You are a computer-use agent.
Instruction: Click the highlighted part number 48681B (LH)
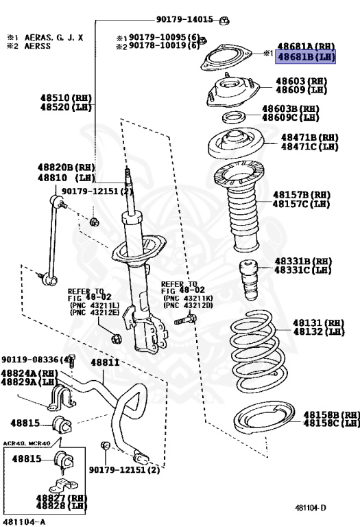coord(305,57)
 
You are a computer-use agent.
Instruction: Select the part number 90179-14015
coord(184,19)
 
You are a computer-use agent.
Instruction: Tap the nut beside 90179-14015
coord(224,21)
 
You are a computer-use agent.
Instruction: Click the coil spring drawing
coord(259,351)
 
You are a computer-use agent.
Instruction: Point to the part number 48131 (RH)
coord(319,323)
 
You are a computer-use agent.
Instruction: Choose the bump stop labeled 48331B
coord(248,280)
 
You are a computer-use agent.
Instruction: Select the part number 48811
coord(105,362)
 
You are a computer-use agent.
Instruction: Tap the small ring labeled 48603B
coord(234,117)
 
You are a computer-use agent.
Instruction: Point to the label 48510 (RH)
coord(66,98)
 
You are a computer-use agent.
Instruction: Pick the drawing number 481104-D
coord(311,507)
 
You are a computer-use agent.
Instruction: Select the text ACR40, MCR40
coord(27,443)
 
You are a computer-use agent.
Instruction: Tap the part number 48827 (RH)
coord(62,497)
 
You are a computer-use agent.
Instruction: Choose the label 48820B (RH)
coord(66,167)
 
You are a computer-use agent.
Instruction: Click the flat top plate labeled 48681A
coord(226,58)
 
